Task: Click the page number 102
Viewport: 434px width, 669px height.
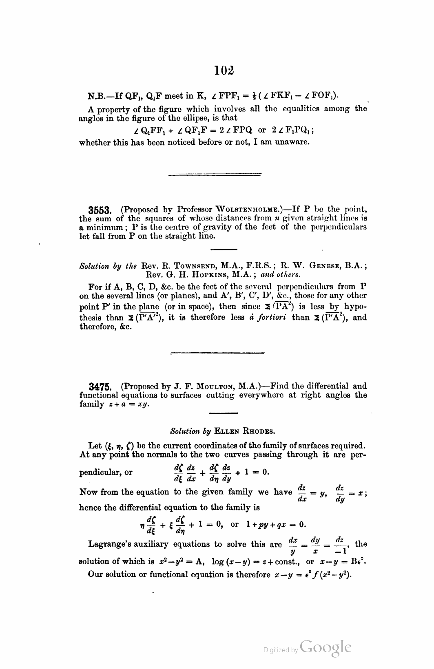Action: point(224,71)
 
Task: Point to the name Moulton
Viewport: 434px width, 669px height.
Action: point(212,386)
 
